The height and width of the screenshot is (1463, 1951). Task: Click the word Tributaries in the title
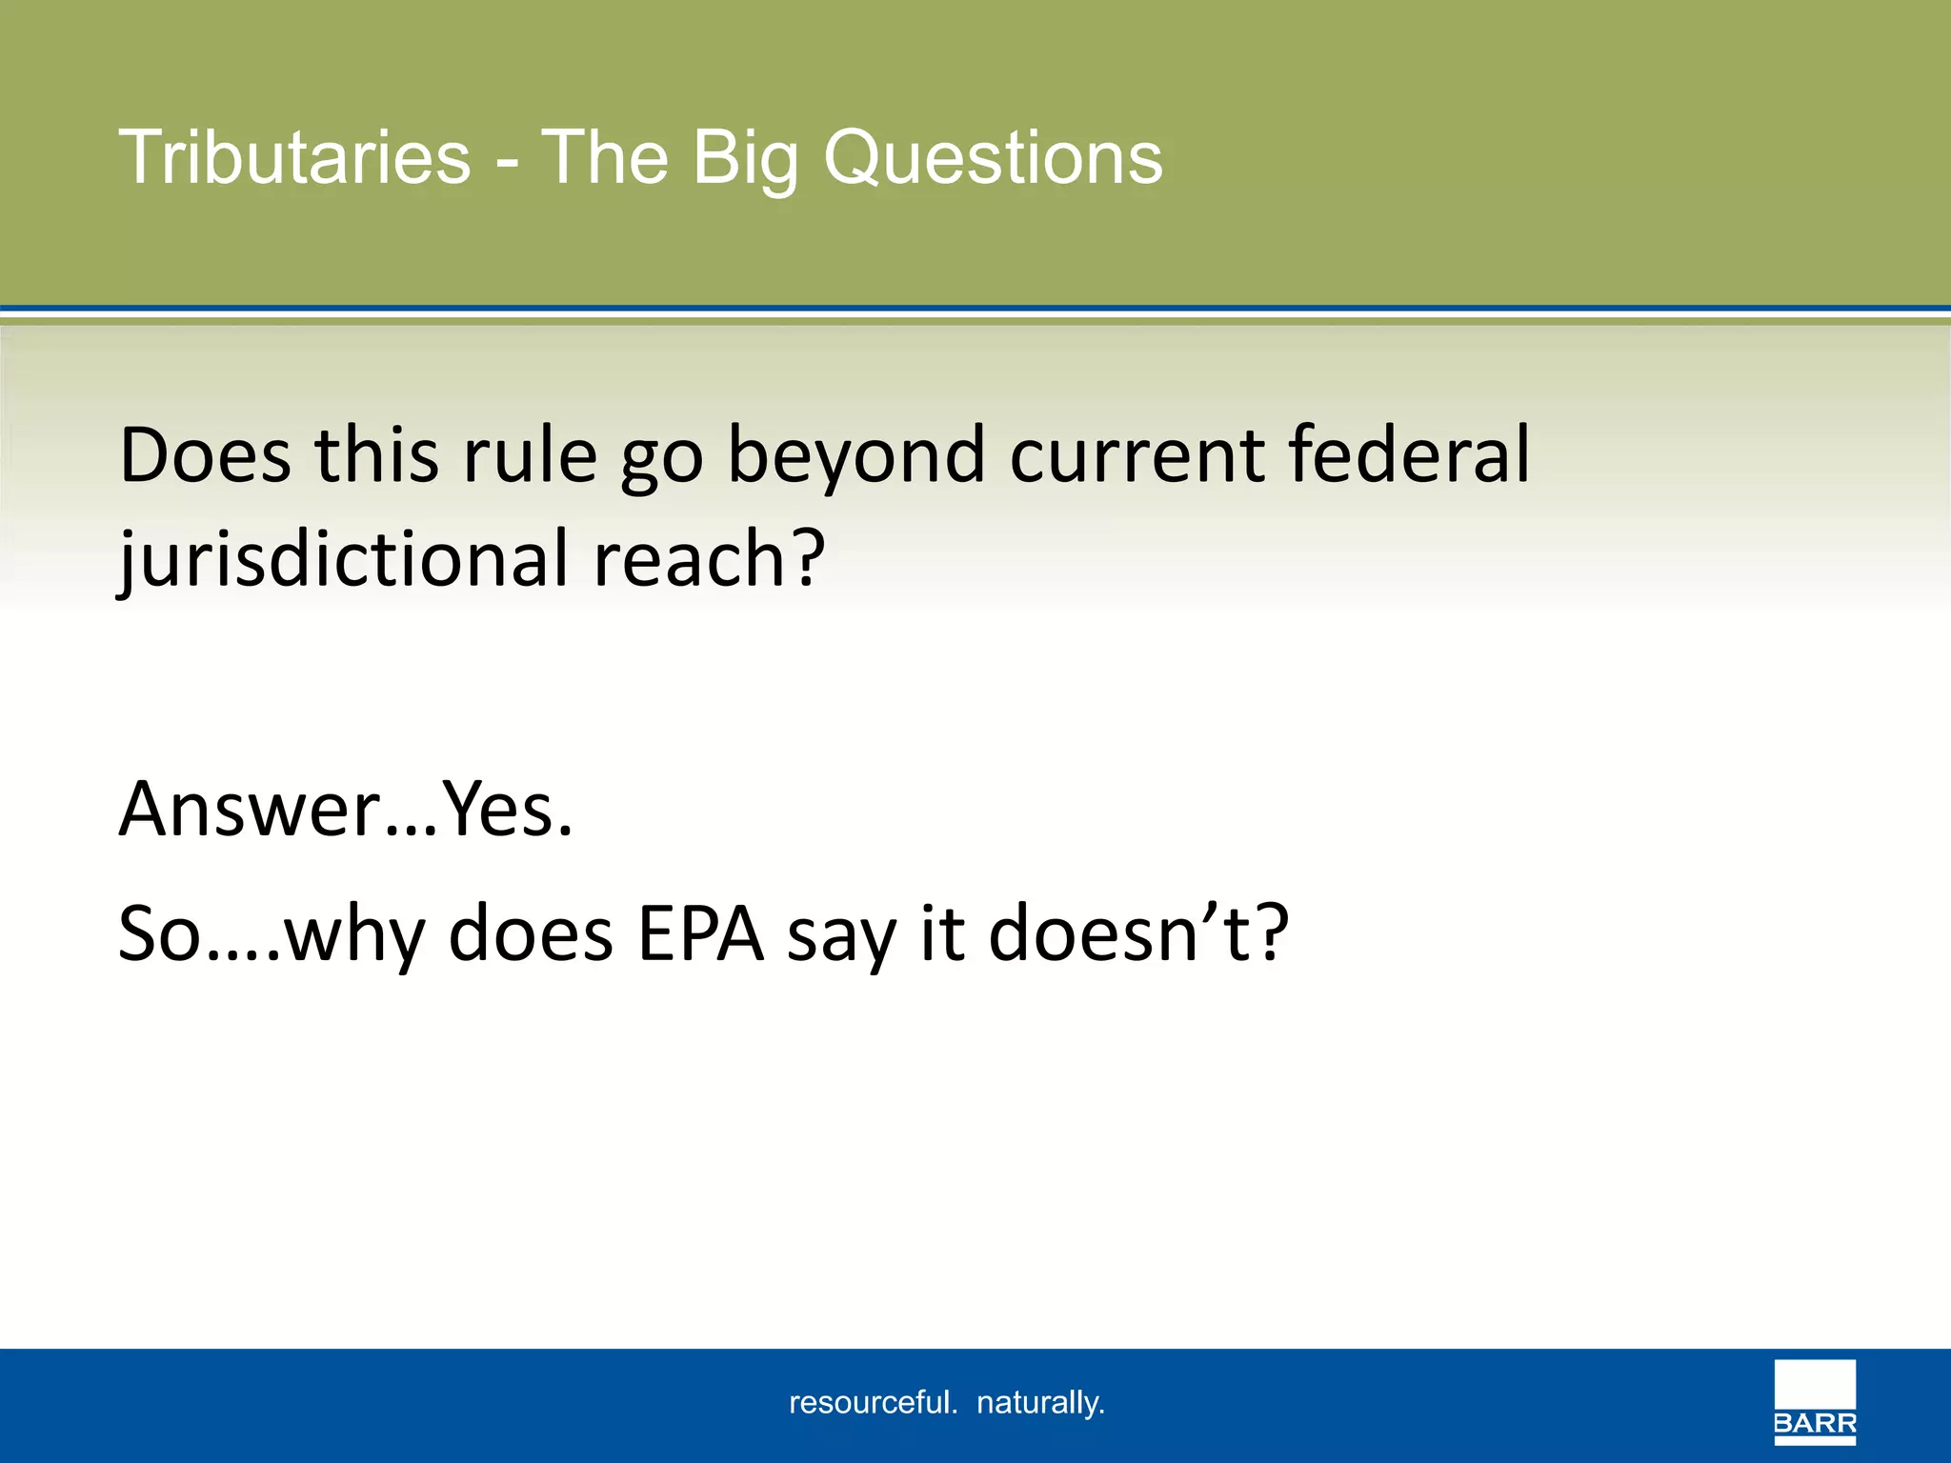(x=294, y=157)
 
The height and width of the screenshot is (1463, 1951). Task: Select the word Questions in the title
(x=993, y=157)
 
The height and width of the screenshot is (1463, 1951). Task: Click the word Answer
(x=250, y=810)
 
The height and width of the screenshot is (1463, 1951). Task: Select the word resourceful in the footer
(x=872, y=1403)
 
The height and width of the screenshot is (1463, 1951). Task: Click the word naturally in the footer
(x=1039, y=1403)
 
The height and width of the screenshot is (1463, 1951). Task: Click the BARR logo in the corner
(x=1815, y=1402)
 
